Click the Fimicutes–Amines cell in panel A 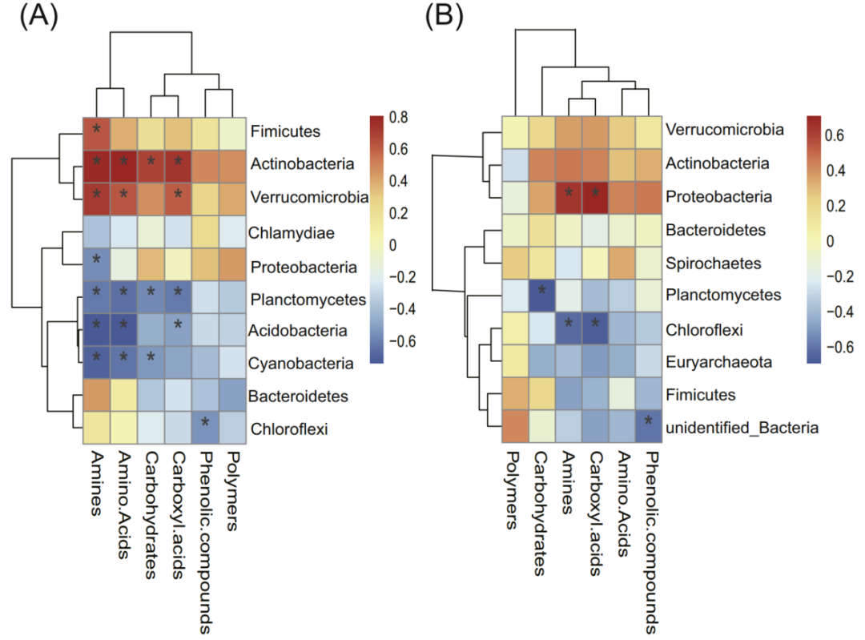97,131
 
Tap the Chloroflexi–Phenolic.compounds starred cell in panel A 206,429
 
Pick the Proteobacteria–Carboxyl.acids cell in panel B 595,195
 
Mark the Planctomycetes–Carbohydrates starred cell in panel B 542,295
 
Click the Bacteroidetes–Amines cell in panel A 97,395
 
